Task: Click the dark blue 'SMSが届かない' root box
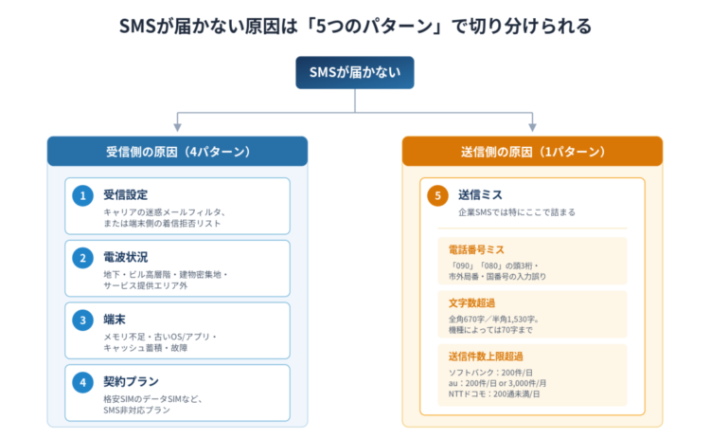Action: tap(355, 73)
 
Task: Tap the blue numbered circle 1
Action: tap(83, 196)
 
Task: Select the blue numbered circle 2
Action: tap(83, 258)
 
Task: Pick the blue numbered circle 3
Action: tap(83, 320)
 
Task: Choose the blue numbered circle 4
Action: tap(83, 382)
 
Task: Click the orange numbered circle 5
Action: tap(438, 196)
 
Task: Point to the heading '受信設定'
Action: tap(125, 195)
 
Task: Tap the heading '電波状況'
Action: tap(125, 257)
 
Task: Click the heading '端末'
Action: tap(115, 320)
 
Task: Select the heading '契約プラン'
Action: tap(131, 381)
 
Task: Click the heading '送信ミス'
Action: tap(480, 195)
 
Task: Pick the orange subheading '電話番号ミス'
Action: tap(476, 250)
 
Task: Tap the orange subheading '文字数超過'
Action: tap(471, 303)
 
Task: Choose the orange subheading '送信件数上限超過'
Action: tap(486, 357)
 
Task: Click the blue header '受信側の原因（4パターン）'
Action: tap(178, 152)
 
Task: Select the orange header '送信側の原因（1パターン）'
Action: tap(532, 152)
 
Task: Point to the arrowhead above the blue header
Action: tap(178, 127)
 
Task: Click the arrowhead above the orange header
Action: tap(532, 127)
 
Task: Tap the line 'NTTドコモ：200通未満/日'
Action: tap(494, 394)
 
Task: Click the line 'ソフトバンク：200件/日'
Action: tap(490, 373)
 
